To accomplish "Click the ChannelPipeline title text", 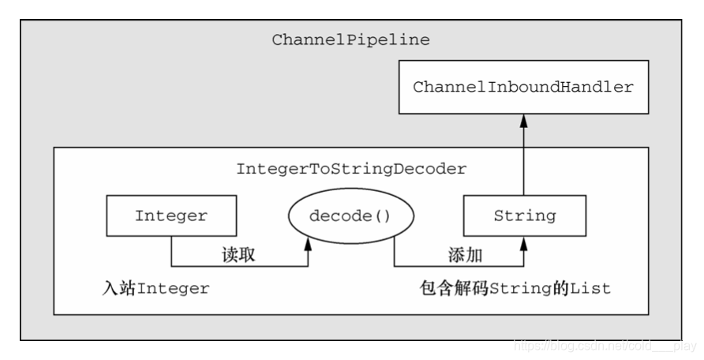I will pos(350,39).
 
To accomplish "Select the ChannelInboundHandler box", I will pos(523,87).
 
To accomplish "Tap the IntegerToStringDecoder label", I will pos(351,169).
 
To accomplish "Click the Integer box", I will pos(170,216).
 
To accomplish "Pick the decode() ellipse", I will pos(350,216).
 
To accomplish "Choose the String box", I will pos(524,216).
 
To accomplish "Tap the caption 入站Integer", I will pos(155,288).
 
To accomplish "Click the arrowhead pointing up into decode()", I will pos(308,246).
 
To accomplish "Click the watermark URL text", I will pos(605,345).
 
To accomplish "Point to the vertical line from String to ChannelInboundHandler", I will pos(523,158).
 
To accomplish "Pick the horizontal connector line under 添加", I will pos(458,267).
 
